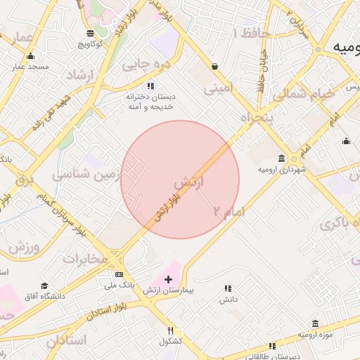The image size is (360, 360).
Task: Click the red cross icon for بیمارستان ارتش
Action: pyautogui.click(x=167, y=279)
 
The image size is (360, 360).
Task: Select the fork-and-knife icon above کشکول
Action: pyautogui.click(x=170, y=330)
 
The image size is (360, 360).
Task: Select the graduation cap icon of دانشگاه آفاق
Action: pyautogui.click(x=44, y=286)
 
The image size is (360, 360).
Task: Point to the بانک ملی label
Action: pyautogui.click(x=118, y=285)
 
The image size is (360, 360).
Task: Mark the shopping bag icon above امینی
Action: pyautogui.click(x=214, y=67)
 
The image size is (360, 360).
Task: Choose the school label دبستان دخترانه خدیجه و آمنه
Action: pyautogui.click(x=148, y=101)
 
